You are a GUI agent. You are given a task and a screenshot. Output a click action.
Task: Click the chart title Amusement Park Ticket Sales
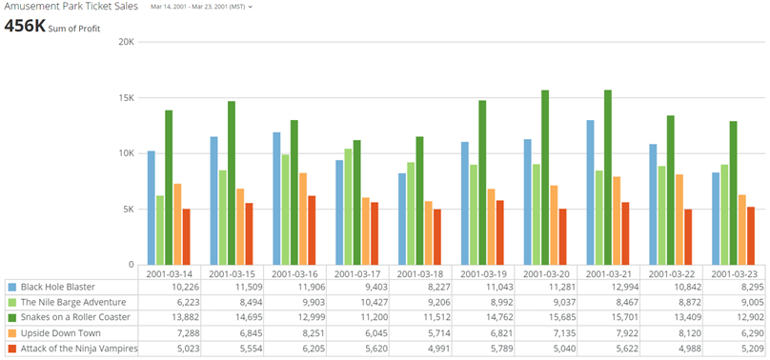(x=71, y=7)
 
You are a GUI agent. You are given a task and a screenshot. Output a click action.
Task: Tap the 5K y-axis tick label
(x=127, y=210)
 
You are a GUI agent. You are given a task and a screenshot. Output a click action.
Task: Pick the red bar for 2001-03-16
(x=312, y=230)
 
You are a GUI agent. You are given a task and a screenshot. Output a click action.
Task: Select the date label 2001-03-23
(x=735, y=272)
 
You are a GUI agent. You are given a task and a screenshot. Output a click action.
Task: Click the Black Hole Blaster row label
(x=58, y=287)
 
